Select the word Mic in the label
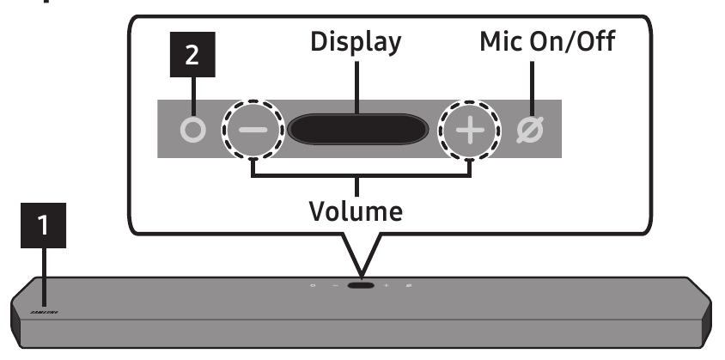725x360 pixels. point(499,43)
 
